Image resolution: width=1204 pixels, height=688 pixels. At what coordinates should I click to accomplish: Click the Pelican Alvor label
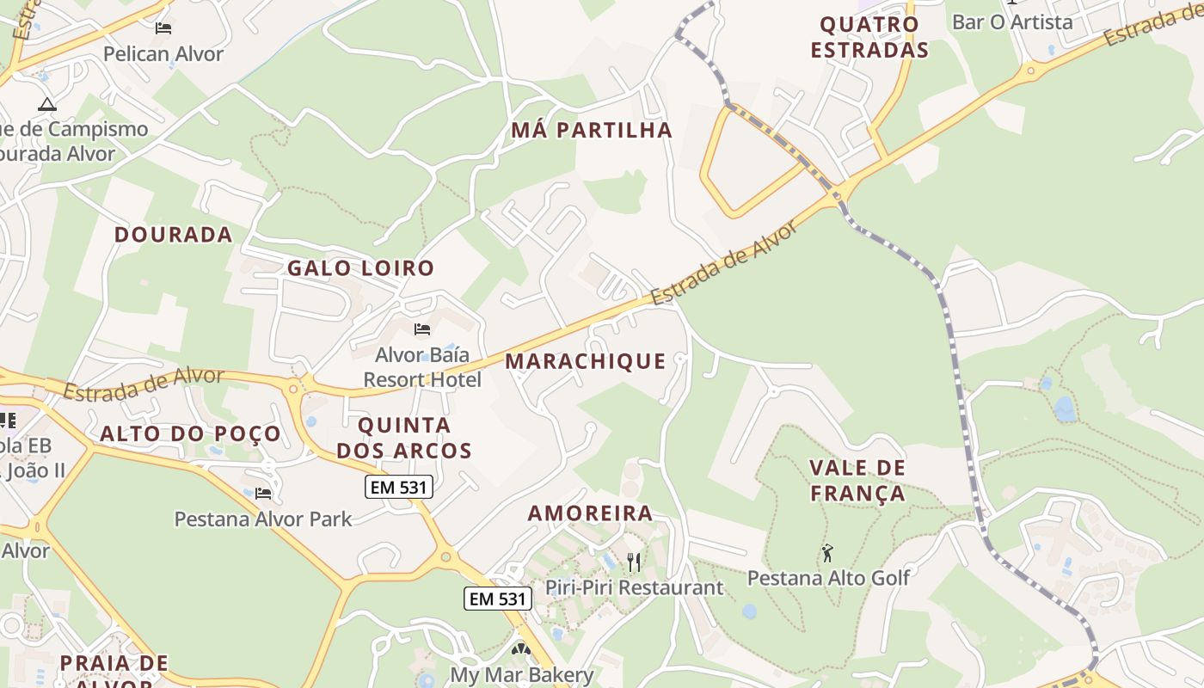tap(163, 54)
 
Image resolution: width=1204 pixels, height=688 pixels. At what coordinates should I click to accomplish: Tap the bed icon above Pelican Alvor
tap(163, 28)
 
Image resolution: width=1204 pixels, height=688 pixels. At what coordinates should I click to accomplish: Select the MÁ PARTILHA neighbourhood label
tap(592, 131)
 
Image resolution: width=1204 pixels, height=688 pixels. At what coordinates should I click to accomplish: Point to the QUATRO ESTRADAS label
tap(869, 37)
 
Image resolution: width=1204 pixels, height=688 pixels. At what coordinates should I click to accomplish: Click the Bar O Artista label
tap(1012, 22)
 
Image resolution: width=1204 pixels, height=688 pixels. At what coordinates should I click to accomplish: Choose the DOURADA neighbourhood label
tap(174, 235)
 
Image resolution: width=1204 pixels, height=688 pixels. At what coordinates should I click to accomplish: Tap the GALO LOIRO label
tap(361, 268)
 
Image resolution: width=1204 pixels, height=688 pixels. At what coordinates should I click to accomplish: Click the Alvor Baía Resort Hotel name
tap(422, 367)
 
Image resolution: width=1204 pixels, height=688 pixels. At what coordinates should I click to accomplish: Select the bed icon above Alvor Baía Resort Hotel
tap(421, 329)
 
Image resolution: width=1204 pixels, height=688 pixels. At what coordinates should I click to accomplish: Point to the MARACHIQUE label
tap(586, 361)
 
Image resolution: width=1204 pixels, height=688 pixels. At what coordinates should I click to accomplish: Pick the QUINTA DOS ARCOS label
tap(404, 438)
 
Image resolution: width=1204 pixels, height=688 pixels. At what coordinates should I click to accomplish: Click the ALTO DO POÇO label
tap(191, 434)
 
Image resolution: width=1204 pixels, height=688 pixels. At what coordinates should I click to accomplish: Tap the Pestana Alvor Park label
tap(263, 519)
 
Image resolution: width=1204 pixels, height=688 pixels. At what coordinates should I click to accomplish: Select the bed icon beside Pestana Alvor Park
tap(263, 494)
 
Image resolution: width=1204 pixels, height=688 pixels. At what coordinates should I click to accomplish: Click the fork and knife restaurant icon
tap(634, 562)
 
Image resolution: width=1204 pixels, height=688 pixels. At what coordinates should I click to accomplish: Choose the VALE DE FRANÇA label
tap(857, 481)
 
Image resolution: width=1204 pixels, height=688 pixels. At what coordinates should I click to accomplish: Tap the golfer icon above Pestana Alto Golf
tap(827, 553)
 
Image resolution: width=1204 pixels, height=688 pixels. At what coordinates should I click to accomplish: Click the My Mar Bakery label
tap(522, 675)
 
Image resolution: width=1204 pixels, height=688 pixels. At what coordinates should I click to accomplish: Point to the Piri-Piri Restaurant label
tap(635, 588)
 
